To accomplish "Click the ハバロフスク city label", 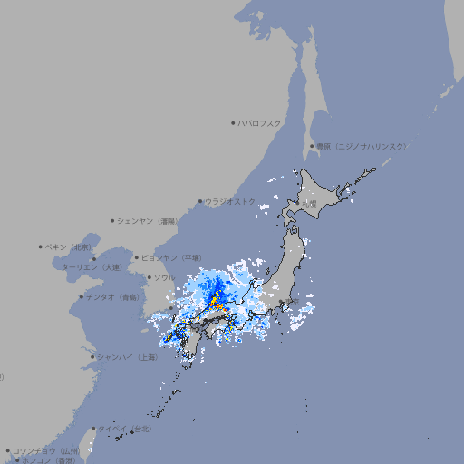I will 260,122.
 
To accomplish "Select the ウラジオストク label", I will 230,201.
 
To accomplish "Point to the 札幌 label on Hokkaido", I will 310,203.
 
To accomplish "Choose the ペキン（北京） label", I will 70,246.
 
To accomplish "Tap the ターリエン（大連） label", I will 92,267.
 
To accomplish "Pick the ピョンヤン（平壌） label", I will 177,257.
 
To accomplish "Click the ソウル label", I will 164,277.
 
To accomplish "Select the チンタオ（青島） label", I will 113,296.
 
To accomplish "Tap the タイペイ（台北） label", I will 125,428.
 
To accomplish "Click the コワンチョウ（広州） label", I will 46,450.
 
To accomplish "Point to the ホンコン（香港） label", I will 49,460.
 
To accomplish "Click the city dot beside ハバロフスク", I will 233,122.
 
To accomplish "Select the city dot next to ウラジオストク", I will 200,201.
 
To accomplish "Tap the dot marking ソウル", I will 148,277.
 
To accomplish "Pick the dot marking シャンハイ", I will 92,357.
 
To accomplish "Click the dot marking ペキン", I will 41,246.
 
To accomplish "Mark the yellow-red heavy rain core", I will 217,299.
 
